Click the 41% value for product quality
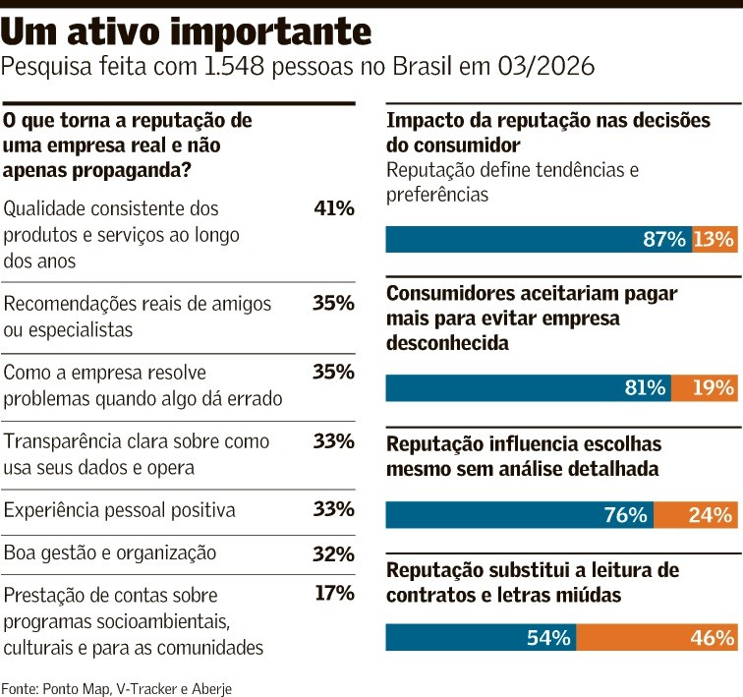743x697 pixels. (x=333, y=208)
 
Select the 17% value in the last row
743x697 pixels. (x=333, y=594)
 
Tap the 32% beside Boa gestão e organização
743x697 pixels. (x=333, y=553)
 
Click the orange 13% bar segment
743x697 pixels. (x=714, y=240)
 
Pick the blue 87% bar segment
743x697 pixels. (x=539, y=240)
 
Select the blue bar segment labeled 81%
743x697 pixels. (x=528, y=387)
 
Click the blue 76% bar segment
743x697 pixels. (x=519, y=514)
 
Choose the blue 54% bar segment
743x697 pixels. (x=481, y=637)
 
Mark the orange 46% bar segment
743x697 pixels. (x=657, y=637)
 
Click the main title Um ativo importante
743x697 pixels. (x=186, y=31)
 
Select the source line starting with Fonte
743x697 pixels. (x=117, y=687)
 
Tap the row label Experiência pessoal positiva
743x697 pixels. (x=120, y=510)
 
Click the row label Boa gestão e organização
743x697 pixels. (x=110, y=553)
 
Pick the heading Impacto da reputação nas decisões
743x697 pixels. (x=547, y=121)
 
